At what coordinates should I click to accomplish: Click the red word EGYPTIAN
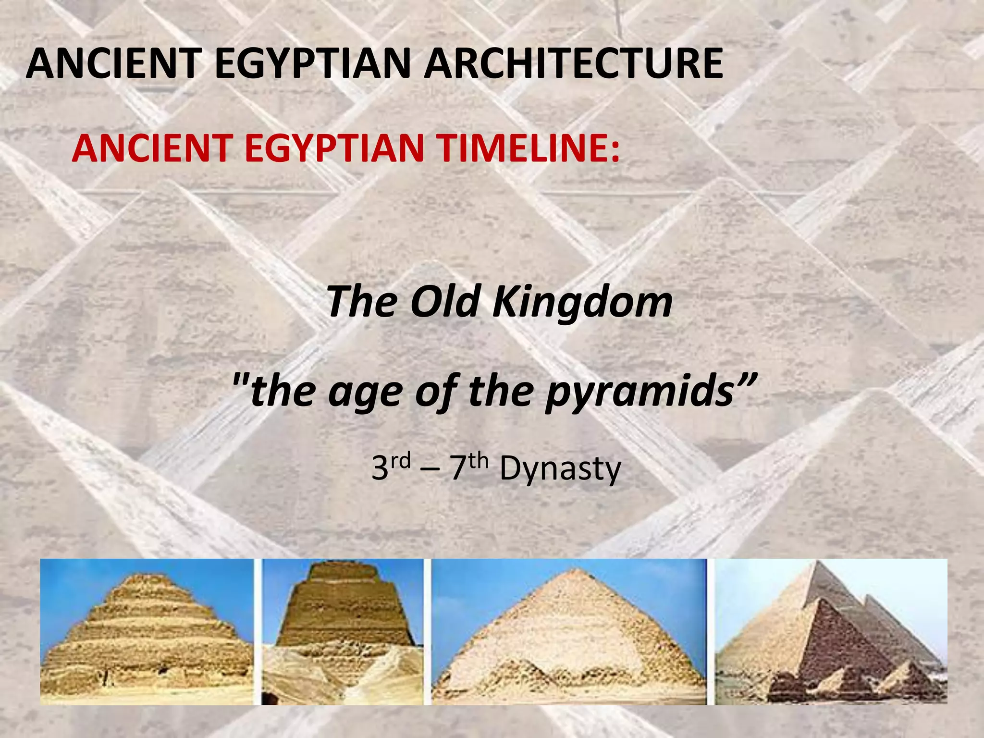coord(334,148)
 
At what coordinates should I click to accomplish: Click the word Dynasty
coord(560,469)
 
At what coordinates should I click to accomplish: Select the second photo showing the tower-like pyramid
coord(343,631)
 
